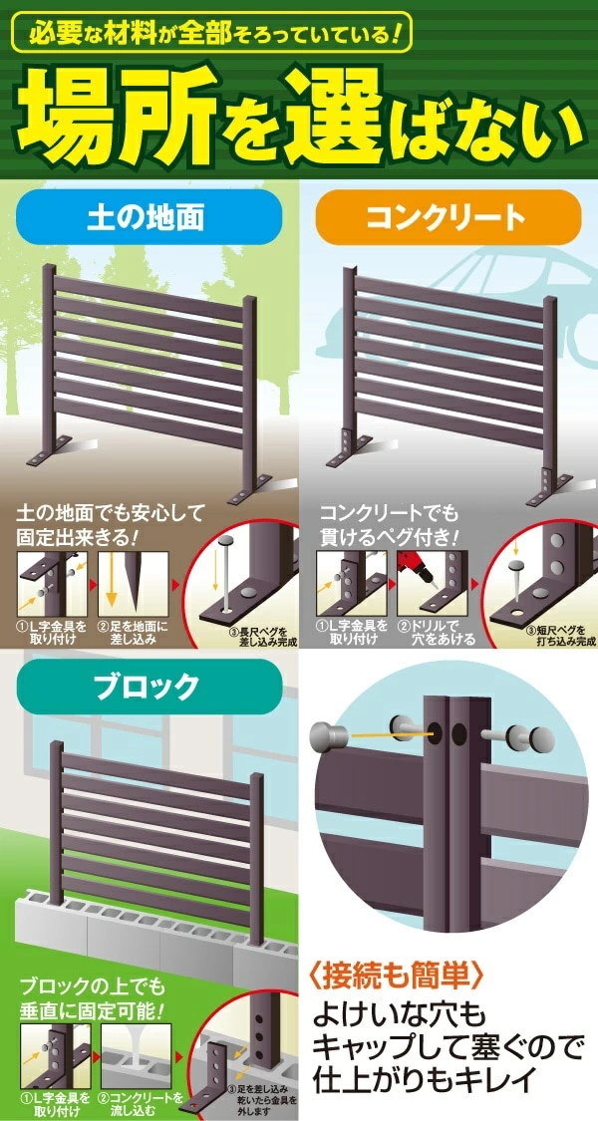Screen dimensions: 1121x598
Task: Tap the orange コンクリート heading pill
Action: click(x=448, y=217)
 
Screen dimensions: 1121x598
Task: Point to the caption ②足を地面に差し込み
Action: click(x=134, y=632)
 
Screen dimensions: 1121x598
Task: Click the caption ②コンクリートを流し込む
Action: click(x=138, y=1102)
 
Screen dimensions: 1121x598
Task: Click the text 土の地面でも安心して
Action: click(x=110, y=515)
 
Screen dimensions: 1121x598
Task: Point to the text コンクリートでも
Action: click(x=390, y=515)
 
